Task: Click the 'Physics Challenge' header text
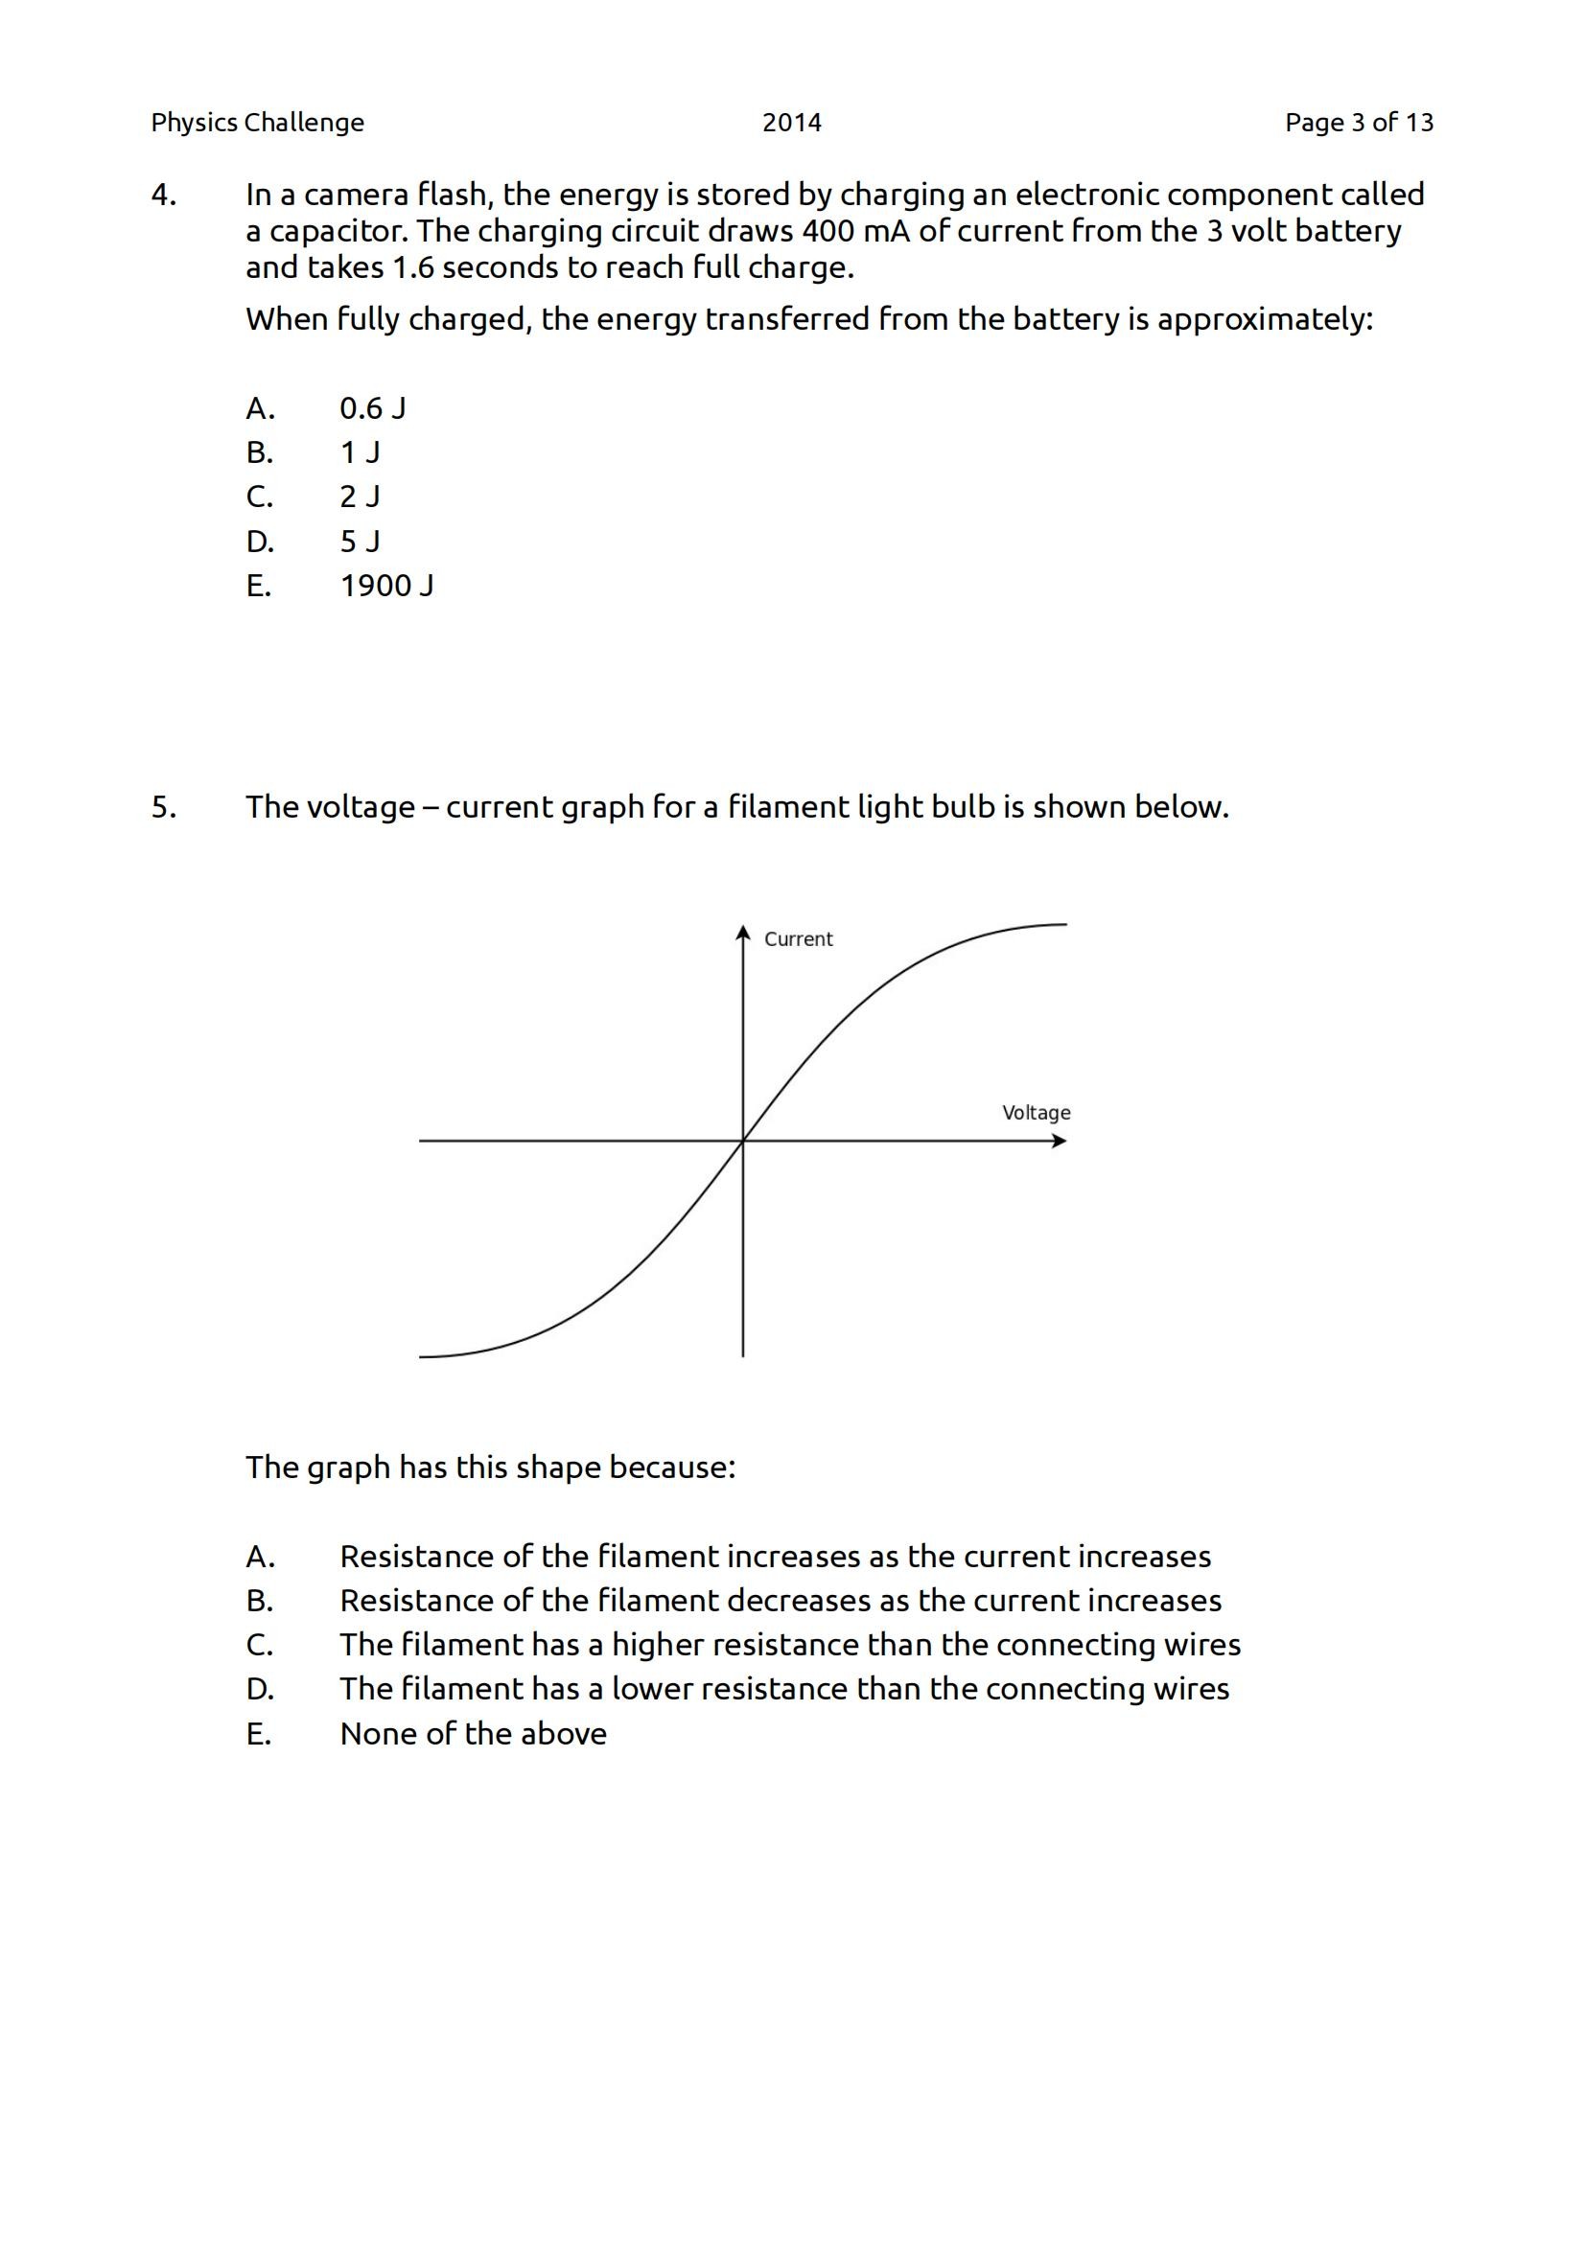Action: coord(257,122)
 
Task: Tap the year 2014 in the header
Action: coord(791,122)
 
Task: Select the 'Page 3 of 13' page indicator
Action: coord(1359,122)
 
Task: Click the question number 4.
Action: coord(163,196)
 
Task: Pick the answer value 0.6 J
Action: coord(372,408)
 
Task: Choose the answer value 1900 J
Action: coord(386,586)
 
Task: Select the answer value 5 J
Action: coord(360,541)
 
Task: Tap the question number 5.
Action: coord(163,807)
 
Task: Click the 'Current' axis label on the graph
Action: coord(798,939)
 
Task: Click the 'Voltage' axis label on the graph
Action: coord(1037,1113)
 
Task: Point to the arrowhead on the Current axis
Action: coord(743,931)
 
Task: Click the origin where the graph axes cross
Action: coord(743,1141)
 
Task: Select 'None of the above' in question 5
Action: coord(473,1733)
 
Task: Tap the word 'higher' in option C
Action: coord(657,1646)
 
